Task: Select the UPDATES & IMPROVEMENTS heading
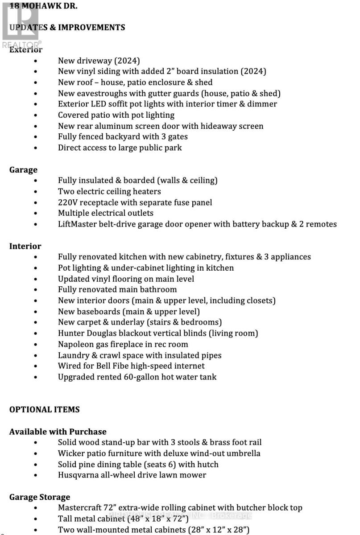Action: [x=67, y=27]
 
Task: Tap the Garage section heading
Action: [x=23, y=170]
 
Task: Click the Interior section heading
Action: [x=25, y=246]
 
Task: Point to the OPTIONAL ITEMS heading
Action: [x=44, y=409]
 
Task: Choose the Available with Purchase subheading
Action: [x=58, y=432]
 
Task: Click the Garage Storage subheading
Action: [x=40, y=497]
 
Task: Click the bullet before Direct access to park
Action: [x=36, y=148]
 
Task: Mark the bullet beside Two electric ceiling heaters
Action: [x=36, y=192]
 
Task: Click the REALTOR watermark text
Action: [x=21, y=44]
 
